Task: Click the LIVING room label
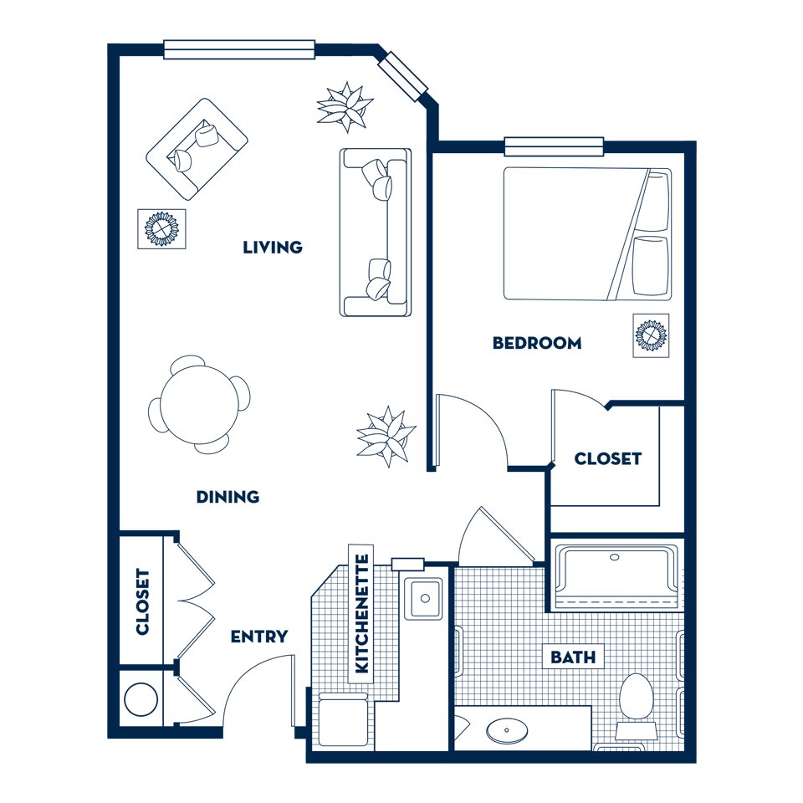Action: pos(273,248)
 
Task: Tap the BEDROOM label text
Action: pos(537,343)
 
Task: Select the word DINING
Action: pos(228,496)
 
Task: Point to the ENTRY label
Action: pos(259,637)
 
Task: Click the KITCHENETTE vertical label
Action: pos(361,613)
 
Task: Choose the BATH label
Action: pos(573,657)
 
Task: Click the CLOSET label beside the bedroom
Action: pos(608,458)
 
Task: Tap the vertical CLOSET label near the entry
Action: pos(142,601)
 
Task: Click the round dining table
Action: pos(199,405)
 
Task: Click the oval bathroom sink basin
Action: pos(507,729)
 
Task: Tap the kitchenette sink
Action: pos(423,598)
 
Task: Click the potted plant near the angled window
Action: pos(345,107)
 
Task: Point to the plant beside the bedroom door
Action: pos(386,437)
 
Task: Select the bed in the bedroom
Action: pos(587,233)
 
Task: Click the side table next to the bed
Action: pos(651,335)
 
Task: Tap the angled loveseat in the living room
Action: pos(197,149)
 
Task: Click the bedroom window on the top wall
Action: pos(554,146)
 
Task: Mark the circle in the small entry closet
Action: pos(141,699)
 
